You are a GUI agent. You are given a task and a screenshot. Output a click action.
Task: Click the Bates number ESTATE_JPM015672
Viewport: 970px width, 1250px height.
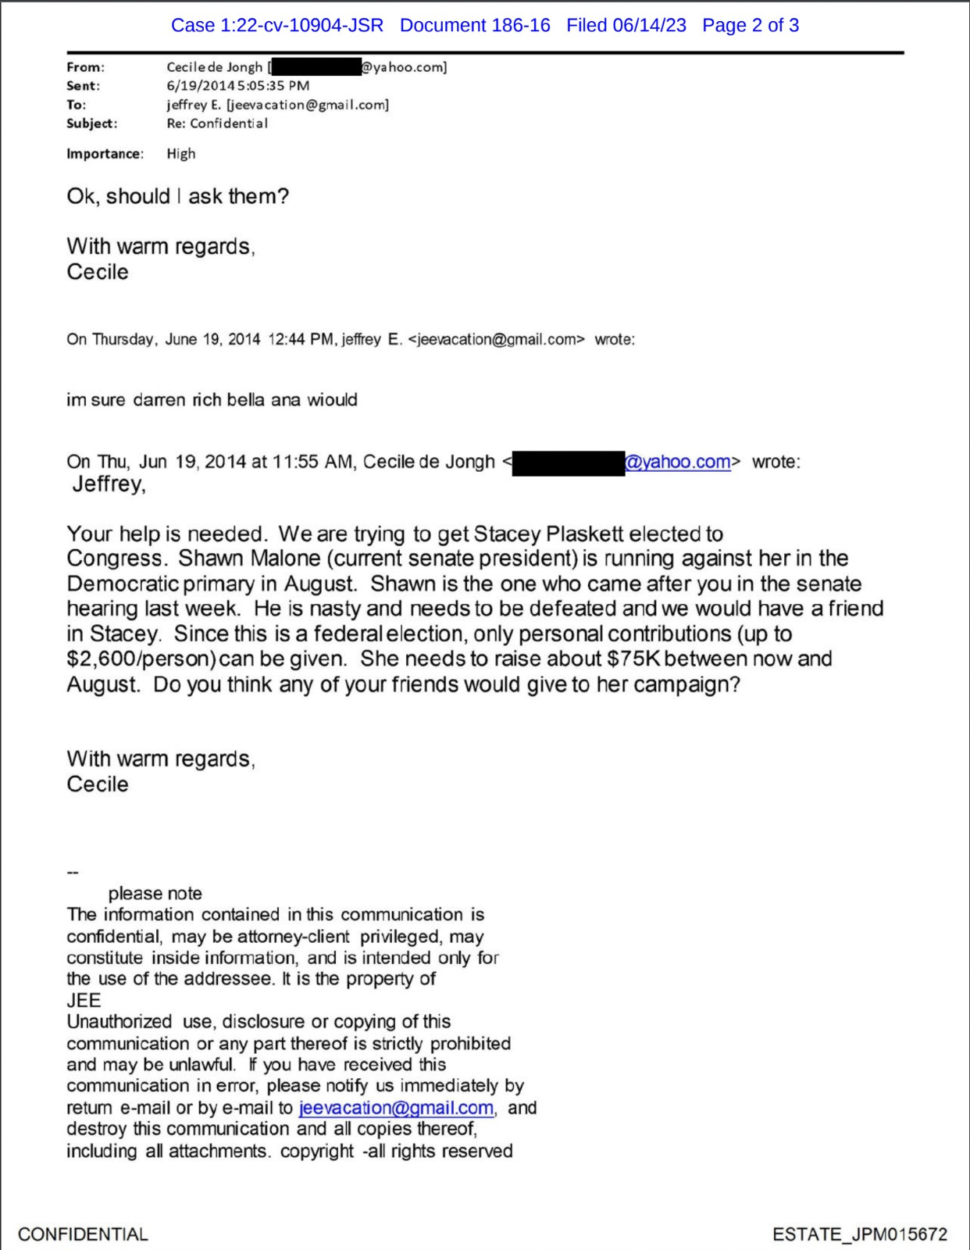pos(859,1234)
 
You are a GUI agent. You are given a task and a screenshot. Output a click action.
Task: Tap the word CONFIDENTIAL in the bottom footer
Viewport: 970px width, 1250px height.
pos(83,1234)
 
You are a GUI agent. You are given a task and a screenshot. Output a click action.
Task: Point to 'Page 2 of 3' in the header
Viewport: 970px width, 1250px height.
pos(750,25)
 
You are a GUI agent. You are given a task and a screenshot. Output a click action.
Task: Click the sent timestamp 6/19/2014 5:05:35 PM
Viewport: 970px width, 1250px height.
pos(237,86)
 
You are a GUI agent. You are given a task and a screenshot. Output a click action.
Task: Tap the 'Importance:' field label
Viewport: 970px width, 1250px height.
pos(105,154)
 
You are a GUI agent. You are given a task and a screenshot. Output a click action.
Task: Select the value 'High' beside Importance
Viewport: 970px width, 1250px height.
pos(180,154)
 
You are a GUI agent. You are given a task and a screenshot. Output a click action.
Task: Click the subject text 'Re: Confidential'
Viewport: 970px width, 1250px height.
pos(216,123)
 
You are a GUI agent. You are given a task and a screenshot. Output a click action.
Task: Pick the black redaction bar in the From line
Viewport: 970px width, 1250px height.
pos(315,67)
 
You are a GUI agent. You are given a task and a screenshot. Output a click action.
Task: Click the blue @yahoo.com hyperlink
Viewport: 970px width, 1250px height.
pos(678,462)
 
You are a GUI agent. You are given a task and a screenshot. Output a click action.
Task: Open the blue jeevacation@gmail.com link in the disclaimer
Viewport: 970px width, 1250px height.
pos(396,1108)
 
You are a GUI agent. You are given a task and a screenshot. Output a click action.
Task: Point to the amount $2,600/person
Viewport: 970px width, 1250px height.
pos(141,659)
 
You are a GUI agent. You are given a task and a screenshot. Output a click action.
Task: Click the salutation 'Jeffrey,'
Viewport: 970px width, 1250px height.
pos(109,484)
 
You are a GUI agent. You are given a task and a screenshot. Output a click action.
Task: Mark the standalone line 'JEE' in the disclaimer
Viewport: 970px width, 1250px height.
pos(84,1000)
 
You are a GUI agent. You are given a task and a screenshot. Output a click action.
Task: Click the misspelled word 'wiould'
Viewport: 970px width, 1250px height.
pos(332,400)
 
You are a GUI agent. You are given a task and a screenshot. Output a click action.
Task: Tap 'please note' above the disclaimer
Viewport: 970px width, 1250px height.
pos(155,893)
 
